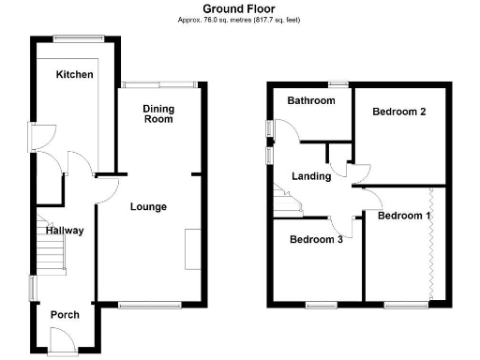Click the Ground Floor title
[239, 8]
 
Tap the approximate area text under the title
[239, 19]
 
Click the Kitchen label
[74, 74]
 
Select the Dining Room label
[158, 114]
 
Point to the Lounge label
[148, 206]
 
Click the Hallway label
[65, 231]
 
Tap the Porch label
[64, 314]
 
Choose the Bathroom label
[311, 100]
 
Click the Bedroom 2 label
[399, 112]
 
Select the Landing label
[311, 176]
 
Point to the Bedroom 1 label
[404, 216]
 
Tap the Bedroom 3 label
[315, 238]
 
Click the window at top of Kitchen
[71, 37]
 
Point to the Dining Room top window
[158, 84]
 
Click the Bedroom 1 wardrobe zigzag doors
[431, 244]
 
